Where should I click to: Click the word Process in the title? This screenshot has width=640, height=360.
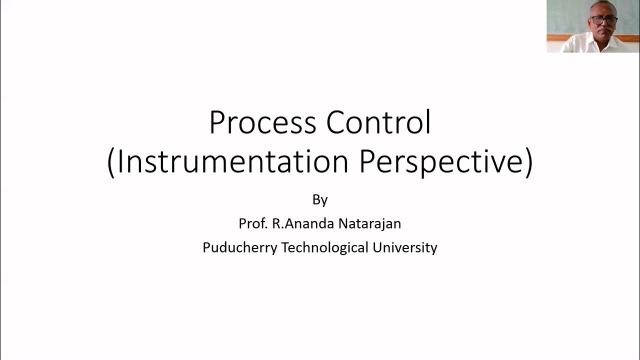(x=263, y=122)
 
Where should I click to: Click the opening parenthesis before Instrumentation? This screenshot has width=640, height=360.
(x=111, y=162)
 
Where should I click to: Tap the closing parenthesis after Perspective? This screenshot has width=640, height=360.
(x=529, y=162)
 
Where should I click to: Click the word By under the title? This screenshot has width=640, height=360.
(x=320, y=200)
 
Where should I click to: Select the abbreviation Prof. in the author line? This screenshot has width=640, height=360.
(x=253, y=223)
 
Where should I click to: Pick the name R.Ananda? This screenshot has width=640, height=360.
(x=303, y=223)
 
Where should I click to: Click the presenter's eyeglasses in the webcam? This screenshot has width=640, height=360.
(x=604, y=20)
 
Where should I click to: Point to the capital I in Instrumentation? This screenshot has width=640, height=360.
(x=120, y=161)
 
